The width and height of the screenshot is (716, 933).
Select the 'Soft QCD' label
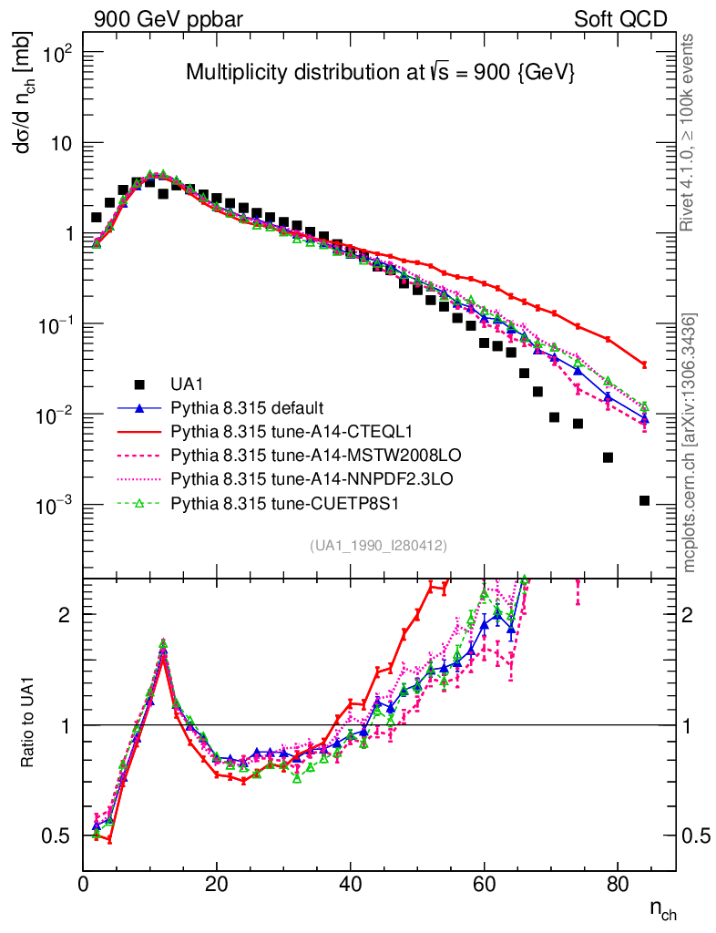[x=620, y=19]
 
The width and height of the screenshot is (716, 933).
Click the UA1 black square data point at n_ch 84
[x=644, y=500]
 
